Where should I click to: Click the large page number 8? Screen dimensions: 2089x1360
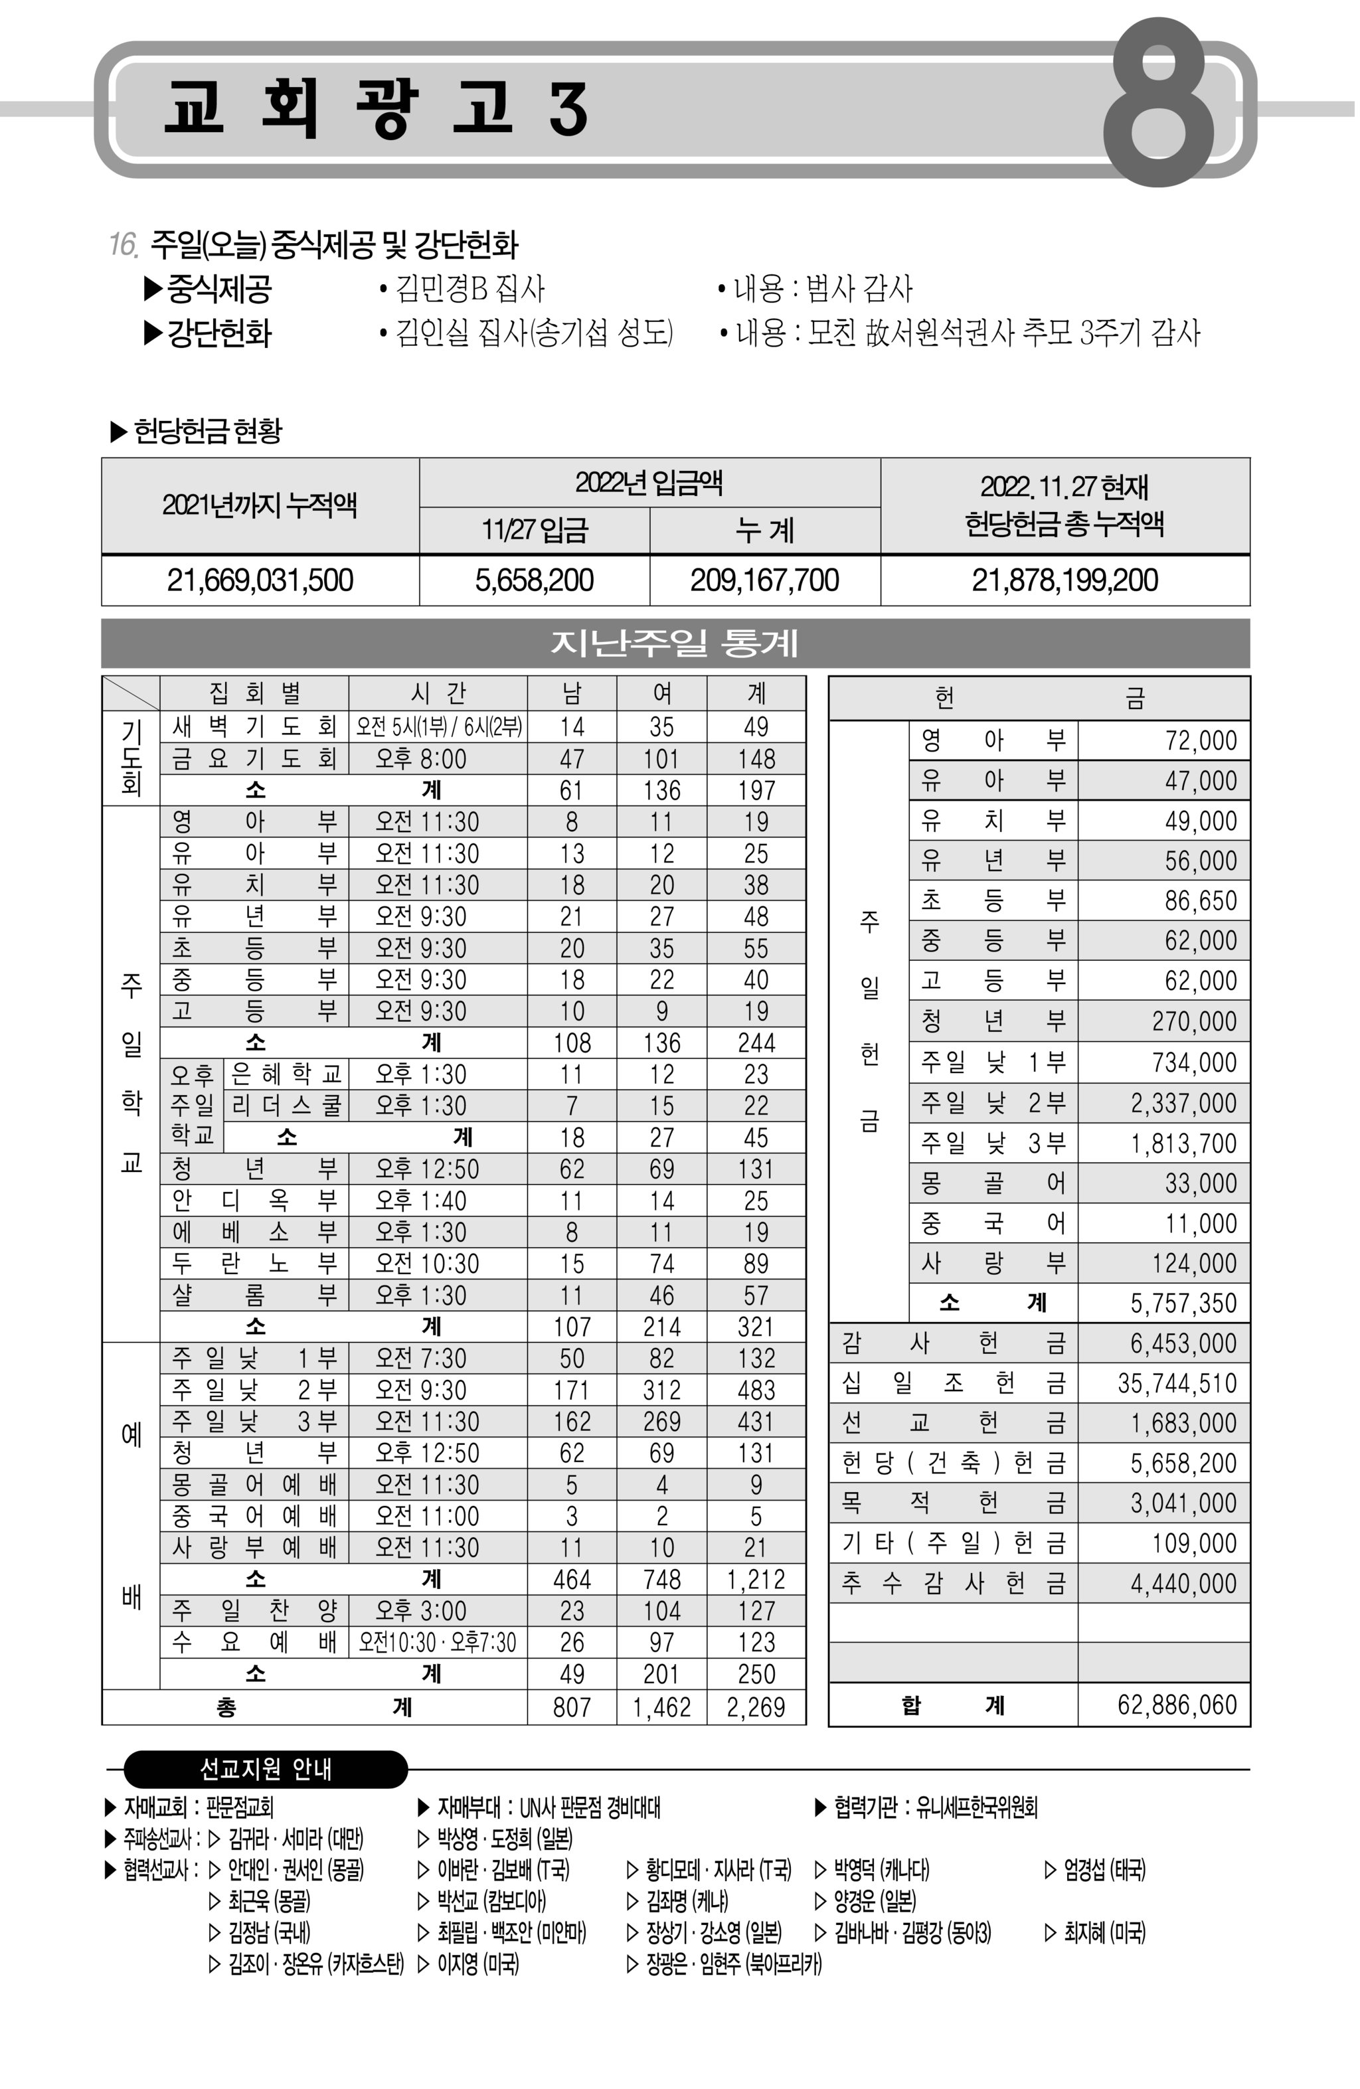(x=1157, y=104)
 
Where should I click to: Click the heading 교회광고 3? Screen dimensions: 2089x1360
(x=376, y=108)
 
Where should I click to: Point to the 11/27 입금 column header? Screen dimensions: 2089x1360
(x=534, y=530)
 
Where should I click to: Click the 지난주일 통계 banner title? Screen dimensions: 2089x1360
(x=674, y=643)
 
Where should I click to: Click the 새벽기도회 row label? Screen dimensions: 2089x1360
(x=254, y=726)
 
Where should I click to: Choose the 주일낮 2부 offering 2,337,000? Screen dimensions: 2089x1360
(x=1183, y=1104)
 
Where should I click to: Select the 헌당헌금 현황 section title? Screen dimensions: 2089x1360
(x=207, y=431)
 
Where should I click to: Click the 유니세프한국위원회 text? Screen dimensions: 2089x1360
(x=976, y=1807)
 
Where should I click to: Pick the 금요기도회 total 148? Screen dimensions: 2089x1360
(x=755, y=758)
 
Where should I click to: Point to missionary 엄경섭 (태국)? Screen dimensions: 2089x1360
(x=1104, y=1871)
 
